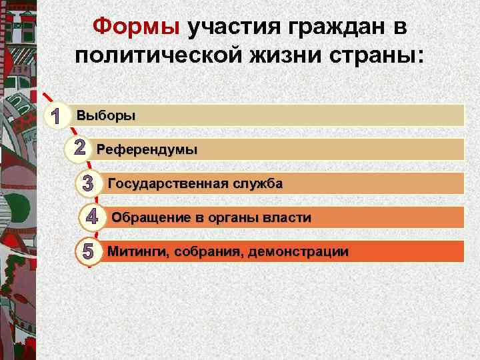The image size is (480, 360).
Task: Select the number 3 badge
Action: pyautogui.click(x=88, y=183)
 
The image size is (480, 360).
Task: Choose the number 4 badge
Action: pyautogui.click(x=93, y=217)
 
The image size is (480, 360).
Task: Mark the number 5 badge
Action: pyautogui.click(x=88, y=252)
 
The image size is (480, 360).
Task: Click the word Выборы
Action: pyautogui.click(x=106, y=115)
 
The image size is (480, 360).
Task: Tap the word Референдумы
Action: pyautogui.click(x=147, y=149)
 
